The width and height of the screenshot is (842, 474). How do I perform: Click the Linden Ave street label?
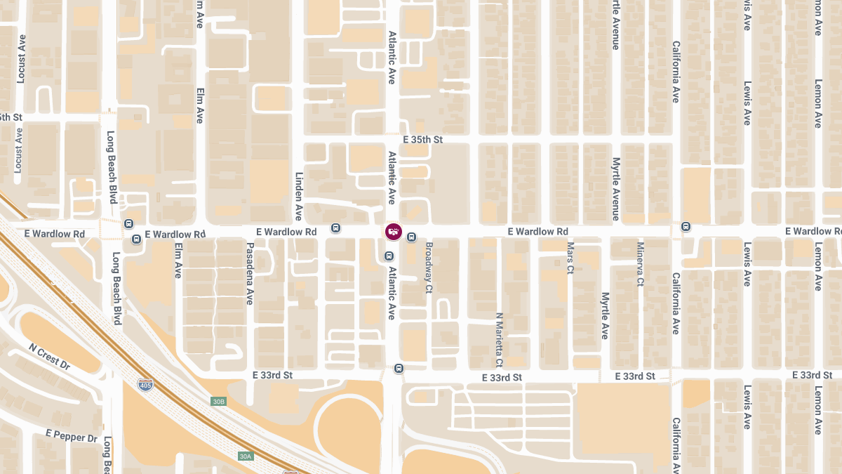pyautogui.click(x=298, y=197)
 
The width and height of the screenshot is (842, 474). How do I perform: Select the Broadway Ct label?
pyautogui.click(x=429, y=268)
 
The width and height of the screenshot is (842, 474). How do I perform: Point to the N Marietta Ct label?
pyautogui.click(x=499, y=340)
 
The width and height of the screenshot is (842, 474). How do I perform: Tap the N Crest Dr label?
pyautogui.click(x=50, y=357)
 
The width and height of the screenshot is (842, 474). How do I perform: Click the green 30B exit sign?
pyautogui.click(x=219, y=402)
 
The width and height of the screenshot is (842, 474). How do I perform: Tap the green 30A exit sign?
pyautogui.click(x=245, y=456)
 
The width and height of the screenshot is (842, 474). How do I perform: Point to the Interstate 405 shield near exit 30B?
pyautogui.click(x=144, y=384)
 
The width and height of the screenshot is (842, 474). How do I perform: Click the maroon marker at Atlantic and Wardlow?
pyautogui.click(x=393, y=231)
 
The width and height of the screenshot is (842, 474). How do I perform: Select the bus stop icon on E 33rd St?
pyautogui.click(x=399, y=368)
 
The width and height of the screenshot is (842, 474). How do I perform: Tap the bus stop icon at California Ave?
pyautogui.click(x=686, y=226)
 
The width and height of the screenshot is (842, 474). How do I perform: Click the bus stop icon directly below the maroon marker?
pyautogui.click(x=389, y=256)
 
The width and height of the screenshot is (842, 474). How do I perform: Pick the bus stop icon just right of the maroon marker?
pyautogui.click(x=412, y=237)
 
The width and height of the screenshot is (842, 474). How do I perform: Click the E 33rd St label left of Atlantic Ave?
pyautogui.click(x=272, y=375)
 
